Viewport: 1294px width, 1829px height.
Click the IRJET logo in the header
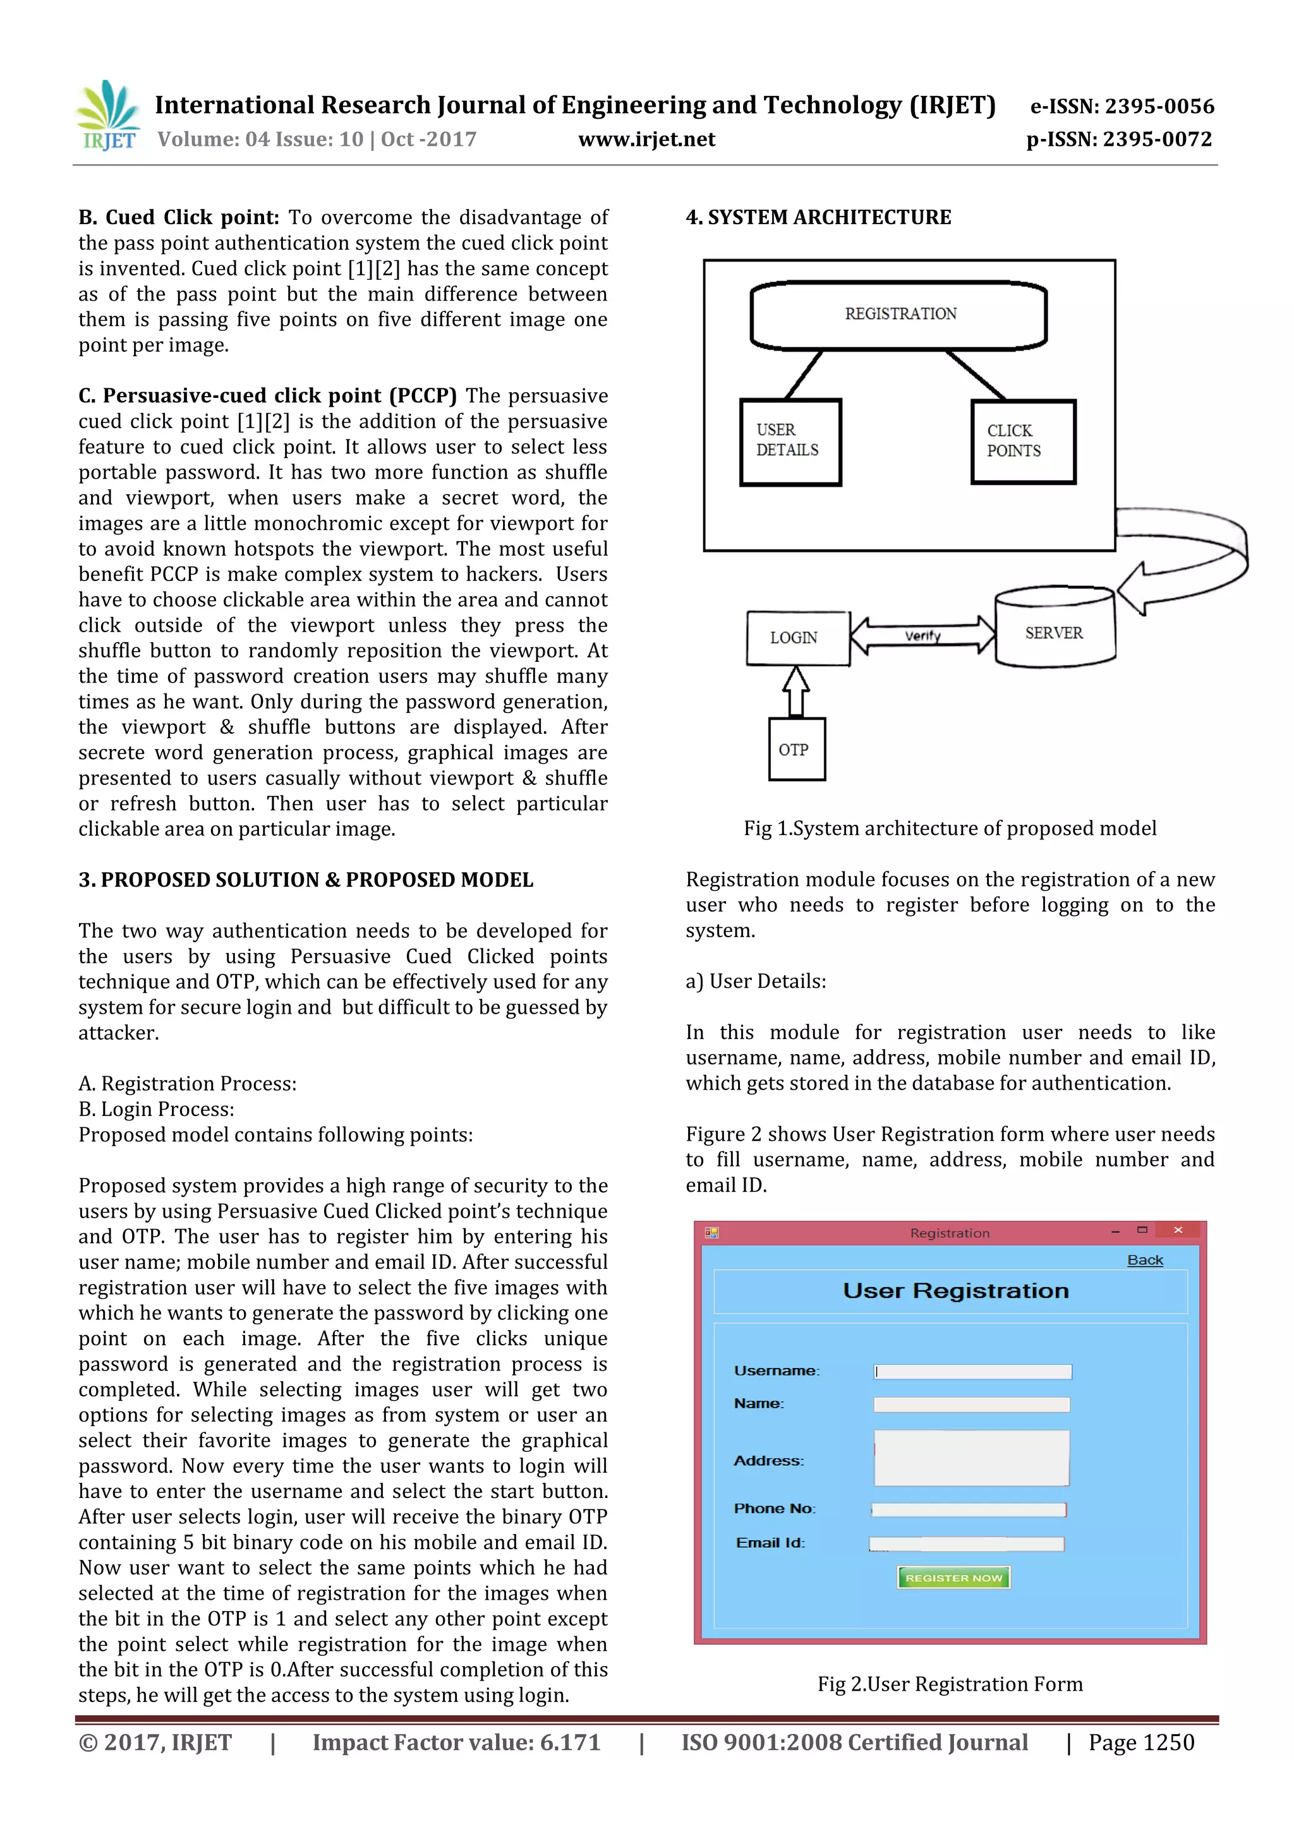(109, 116)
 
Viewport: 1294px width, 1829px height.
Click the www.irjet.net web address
(646, 140)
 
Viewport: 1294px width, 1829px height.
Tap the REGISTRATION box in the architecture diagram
(899, 315)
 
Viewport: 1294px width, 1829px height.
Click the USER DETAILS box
(790, 441)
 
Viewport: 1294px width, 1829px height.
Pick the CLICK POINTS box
(1022, 441)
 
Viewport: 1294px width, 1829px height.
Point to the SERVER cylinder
(1054, 629)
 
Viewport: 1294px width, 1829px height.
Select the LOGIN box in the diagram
(797, 637)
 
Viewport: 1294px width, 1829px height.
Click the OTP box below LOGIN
(796, 749)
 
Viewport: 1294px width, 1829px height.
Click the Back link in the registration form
(1144, 1260)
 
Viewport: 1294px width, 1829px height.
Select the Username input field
(972, 1371)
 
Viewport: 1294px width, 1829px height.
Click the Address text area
(971, 1457)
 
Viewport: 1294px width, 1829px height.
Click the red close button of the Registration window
(1178, 1231)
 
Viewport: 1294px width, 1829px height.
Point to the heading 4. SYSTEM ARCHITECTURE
(818, 217)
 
